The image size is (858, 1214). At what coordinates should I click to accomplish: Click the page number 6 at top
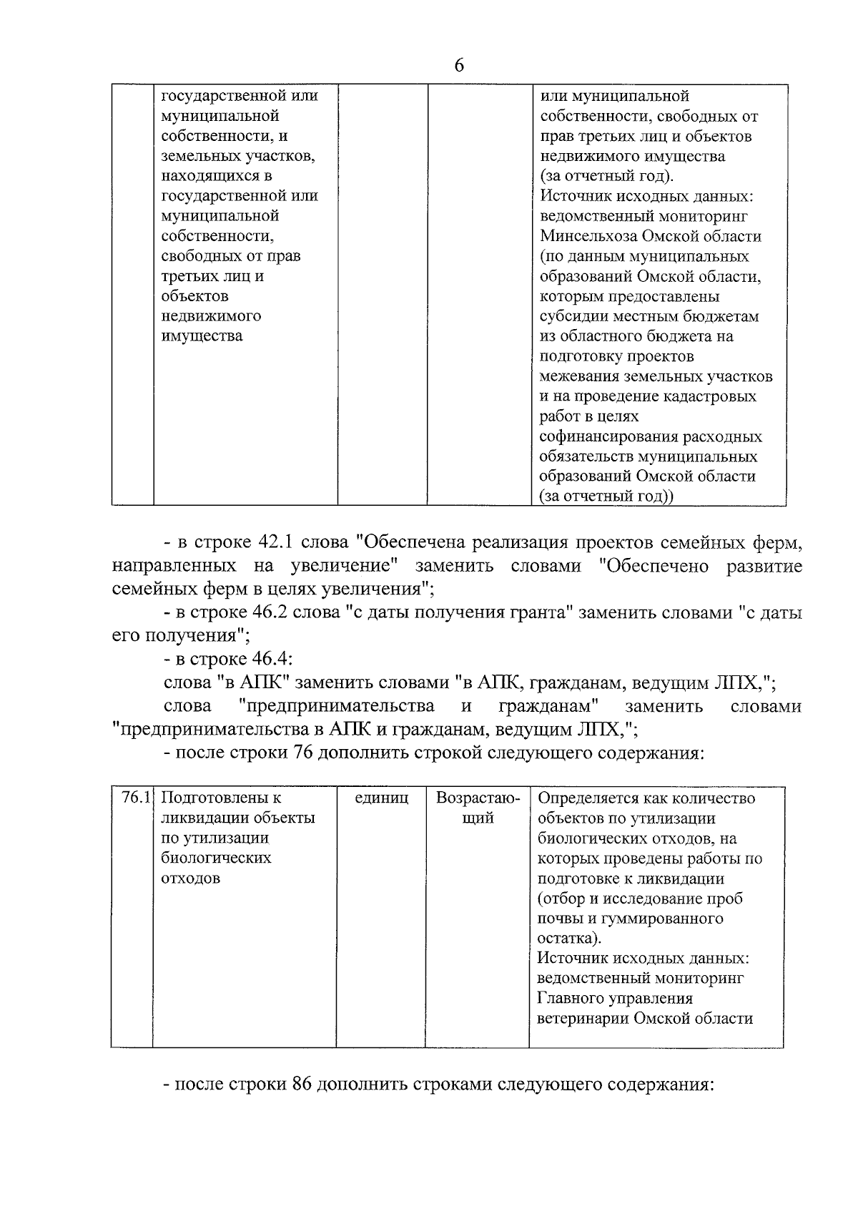[458, 66]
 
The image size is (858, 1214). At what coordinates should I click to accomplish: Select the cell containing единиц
[382, 798]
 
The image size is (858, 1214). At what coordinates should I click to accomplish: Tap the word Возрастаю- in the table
[478, 798]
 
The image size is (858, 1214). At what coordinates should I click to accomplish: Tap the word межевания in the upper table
[580, 376]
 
